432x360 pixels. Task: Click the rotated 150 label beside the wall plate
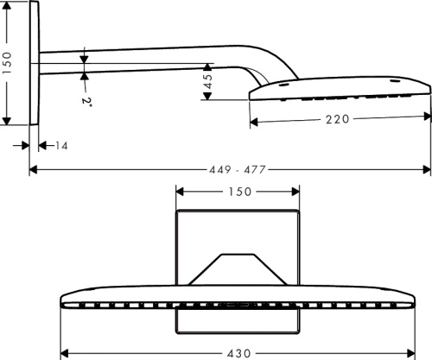pyautogui.click(x=9, y=64)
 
